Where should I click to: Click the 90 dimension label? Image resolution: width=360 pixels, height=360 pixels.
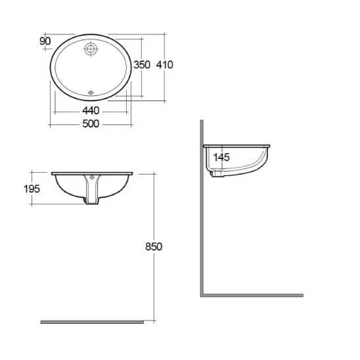click(x=45, y=41)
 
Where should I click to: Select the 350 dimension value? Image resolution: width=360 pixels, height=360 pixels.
click(x=142, y=64)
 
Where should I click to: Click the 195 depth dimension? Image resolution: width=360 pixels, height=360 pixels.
click(x=32, y=189)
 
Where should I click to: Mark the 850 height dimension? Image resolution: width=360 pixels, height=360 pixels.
click(x=152, y=246)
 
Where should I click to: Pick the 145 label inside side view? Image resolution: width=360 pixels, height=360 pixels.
click(x=222, y=158)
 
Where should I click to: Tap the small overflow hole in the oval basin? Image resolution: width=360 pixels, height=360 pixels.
click(x=91, y=92)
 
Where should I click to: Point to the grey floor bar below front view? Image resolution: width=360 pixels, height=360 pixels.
click(x=92, y=322)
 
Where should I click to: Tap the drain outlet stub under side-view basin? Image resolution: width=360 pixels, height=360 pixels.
click(x=215, y=173)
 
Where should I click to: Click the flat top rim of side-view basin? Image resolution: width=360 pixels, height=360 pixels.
click(x=236, y=145)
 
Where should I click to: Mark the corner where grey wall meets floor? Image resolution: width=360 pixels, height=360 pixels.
click(x=202, y=295)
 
